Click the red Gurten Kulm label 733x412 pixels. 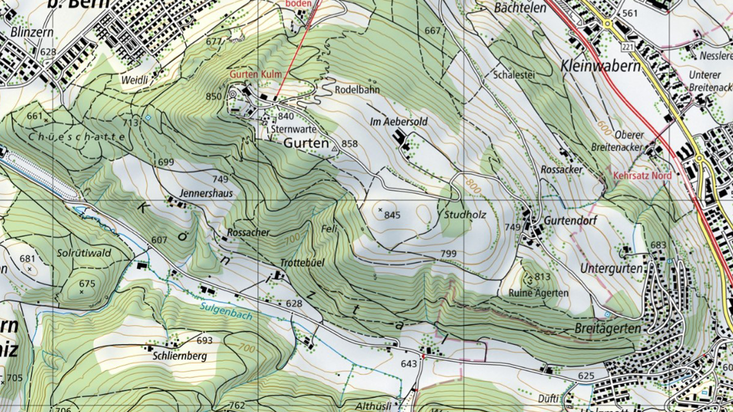pos(256,74)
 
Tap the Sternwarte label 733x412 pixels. pos(294,129)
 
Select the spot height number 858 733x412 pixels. pos(349,144)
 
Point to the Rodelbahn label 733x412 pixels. pos(357,90)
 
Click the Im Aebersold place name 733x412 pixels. pos(399,122)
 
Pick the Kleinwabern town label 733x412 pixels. pos(600,66)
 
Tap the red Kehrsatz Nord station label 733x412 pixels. pos(642,175)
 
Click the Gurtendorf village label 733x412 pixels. pos(570,221)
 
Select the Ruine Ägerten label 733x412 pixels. pos(539,293)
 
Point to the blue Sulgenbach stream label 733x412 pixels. pos(226,311)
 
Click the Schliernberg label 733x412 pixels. pos(180,356)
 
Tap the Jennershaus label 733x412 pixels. pos(206,193)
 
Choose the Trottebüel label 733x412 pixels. pos(302,263)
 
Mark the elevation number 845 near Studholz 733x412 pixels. pos(392,215)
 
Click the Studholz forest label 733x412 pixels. pos(465,214)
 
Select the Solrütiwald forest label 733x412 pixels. pos(84,253)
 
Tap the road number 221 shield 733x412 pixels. pos(627,46)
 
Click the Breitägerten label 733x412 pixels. pos(607,329)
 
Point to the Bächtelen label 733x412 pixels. pos(520,7)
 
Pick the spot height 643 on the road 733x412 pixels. pos(409,364)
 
